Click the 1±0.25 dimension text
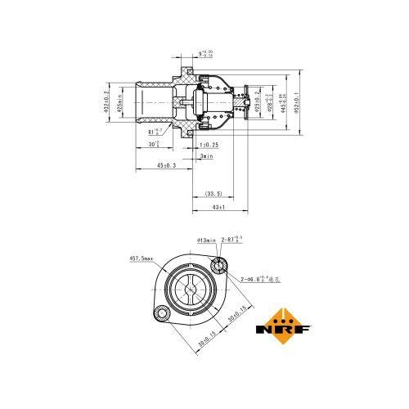pyautogui.click(x=209, y=145)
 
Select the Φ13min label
pyautogui.click(x=206, y=240)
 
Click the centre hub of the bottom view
pyautogui.click(x=190, y=290)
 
